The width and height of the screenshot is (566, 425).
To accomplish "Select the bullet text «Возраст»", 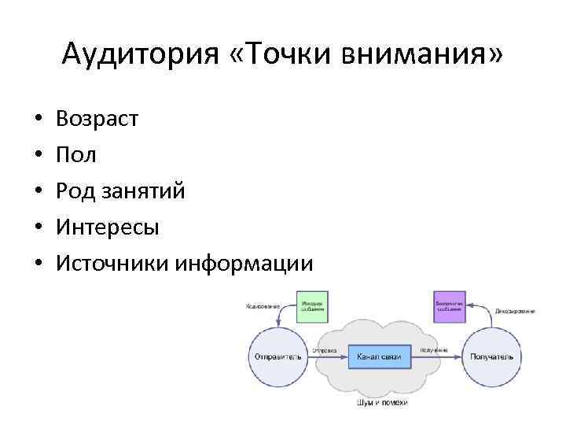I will tap(97, 119).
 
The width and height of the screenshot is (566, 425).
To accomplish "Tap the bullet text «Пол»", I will tap(76, 155).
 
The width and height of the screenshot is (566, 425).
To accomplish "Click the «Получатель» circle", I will tap(491, 357).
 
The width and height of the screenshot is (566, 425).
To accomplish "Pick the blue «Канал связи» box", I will tap(379, 357).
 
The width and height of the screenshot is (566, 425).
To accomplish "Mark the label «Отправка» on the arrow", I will tap(325, 349).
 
